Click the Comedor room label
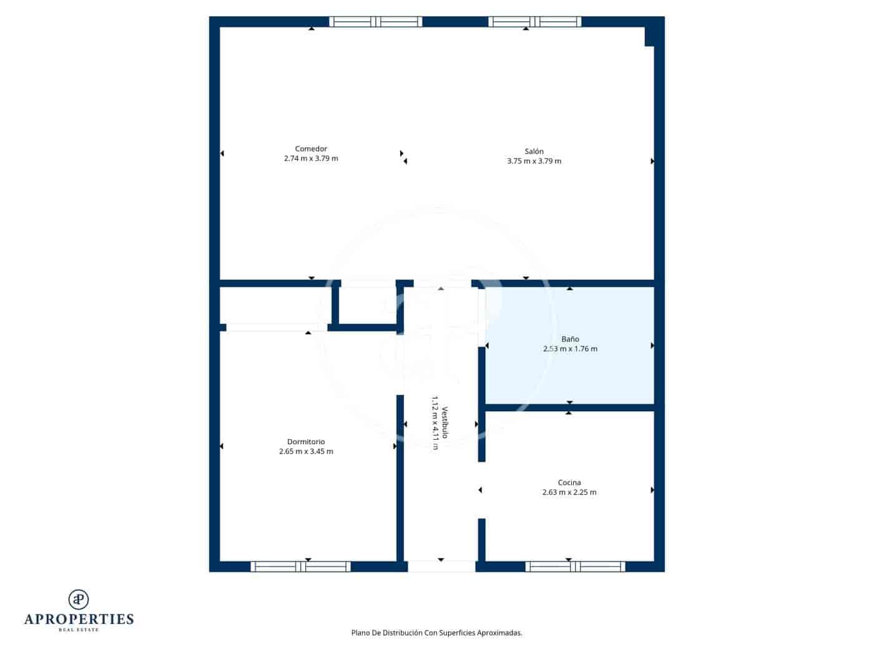click(311, 148)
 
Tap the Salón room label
click(534, 151)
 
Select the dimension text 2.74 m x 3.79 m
click(311, 158)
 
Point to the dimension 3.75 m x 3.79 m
click(534, 161)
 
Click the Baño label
click(570, 339)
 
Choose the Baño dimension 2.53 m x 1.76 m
click(570, 349)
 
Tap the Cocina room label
click(569, 482)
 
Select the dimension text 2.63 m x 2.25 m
click(569, 492)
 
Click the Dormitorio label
click(306, 442)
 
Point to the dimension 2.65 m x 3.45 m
click(306, 452)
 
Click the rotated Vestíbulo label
click(445, 423)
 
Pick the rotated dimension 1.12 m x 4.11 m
click(435, 423)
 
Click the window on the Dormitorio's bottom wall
click(300, 566)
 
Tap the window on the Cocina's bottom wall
click(575, 566)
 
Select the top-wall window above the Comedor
click(376, 22)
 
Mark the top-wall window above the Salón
click(534, 22)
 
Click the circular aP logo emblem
click(79, 599)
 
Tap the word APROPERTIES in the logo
click(79, 619)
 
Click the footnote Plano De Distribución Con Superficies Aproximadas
click(436, 633)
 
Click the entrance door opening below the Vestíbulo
click(441, 566)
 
